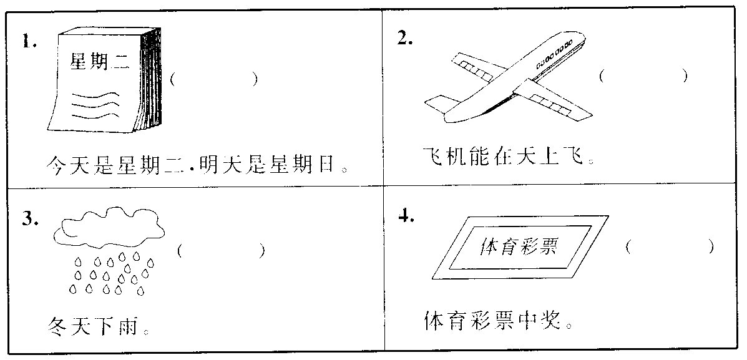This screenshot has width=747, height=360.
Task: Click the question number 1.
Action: tap(29, 42)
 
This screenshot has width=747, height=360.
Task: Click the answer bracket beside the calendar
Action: tap(213, 79)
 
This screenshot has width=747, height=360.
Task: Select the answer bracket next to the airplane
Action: tap(643, 76)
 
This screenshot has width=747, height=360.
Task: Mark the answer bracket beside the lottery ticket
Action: tap(670, 246)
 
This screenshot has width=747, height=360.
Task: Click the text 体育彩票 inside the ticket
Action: tap(518, 248)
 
